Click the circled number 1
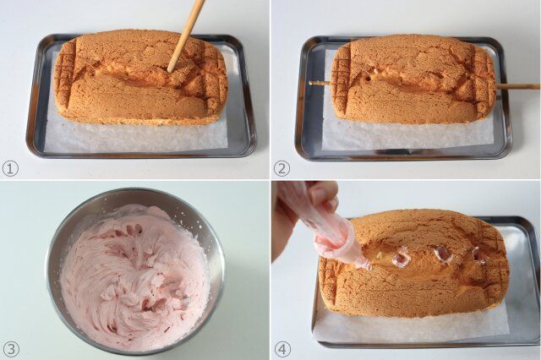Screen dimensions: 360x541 (x=10, y=168)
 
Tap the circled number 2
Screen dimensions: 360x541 (x=281, y=168)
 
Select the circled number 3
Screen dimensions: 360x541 (x=10, y=349)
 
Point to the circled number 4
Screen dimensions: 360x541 (x=281, y=349)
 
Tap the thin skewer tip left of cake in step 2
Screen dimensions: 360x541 (x=315, y=83)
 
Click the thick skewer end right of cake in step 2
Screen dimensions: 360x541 (x=520, y=86)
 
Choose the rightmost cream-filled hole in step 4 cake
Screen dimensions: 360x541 (x=478, y=254)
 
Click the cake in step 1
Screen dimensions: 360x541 (x=139, y=85)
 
